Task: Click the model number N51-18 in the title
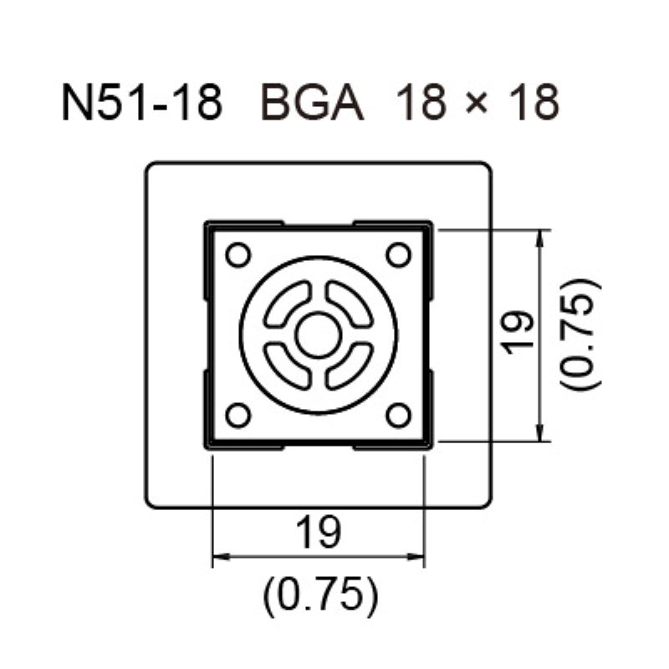142,102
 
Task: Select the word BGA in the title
312,102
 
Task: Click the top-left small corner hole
238,255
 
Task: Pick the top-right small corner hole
399,255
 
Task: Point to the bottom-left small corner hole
238,415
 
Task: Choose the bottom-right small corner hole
399,415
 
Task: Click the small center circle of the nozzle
319,335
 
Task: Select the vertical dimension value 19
517,333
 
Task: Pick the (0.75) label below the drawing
320,595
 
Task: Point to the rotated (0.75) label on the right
580,334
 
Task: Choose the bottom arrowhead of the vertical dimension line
539,432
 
